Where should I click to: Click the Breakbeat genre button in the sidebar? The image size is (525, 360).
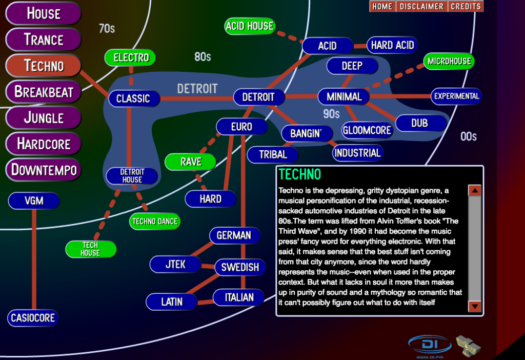tap(44, 92)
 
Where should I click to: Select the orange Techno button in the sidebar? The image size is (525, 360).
tap(44, 66)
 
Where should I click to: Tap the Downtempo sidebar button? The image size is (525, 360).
tap(44, 170)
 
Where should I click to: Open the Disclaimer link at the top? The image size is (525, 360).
tap(421, 7)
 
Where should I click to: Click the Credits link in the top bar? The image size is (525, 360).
tap(466, 7)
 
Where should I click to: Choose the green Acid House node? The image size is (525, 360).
tap(250, 26)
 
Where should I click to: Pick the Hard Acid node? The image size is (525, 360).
tap(392, 45)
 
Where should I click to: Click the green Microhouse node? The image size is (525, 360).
tap(449, 61)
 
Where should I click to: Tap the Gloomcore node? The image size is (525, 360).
tap(367, 130)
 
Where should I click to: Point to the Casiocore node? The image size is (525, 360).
tap(33, 318)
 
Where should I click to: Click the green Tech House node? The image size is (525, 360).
tap(90, 249)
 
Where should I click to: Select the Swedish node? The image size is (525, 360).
tap(240, 267)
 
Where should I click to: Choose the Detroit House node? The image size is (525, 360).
tap(132, 176)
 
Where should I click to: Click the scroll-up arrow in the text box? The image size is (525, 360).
tap(475, 190)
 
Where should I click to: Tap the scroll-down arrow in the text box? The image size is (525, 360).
tap(475, 307)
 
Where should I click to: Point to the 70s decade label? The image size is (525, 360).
tap(107, 29)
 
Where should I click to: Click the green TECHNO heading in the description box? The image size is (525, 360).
tap(299, 174)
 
